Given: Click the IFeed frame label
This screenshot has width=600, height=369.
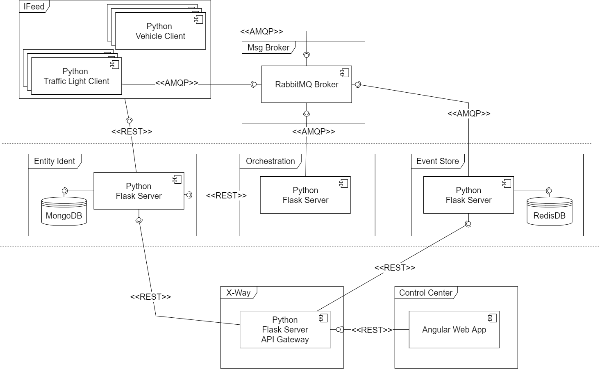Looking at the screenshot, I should [x=34, y=7].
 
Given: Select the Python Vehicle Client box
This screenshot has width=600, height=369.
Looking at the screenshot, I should [x=160, y=31].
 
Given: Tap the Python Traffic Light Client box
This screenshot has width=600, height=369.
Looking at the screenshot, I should [x=76, y=76].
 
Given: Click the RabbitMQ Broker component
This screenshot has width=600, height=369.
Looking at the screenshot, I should [x=306, y=84].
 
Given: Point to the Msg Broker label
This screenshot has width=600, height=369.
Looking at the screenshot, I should [x=268, y=48].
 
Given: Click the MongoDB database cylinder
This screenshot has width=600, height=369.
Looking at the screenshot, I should [x=64, y=212].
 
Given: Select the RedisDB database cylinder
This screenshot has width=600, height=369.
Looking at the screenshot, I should [x=549, y=212].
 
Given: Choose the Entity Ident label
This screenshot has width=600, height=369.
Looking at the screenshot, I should [x=55, y=161].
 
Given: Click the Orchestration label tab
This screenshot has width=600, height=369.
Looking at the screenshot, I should [x=270, y=161].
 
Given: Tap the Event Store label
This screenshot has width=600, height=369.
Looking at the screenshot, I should [x=437, y=161].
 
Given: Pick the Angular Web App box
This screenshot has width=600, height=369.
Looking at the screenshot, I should [x=454, y=330].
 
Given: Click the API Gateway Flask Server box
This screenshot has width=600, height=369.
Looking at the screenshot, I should [x=285, y=330].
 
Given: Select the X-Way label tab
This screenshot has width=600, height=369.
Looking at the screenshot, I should [x=238, y=293].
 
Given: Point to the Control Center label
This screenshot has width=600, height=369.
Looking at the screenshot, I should [x=425, y=293].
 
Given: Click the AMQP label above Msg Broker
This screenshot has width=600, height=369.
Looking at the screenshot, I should [x=261, y=32].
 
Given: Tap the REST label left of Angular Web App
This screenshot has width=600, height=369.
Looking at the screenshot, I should [x=372, y=330].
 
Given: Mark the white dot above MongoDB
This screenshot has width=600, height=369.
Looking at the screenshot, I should [x=64, y=191].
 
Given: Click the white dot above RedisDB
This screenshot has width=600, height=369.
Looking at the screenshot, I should [x=550, y=191].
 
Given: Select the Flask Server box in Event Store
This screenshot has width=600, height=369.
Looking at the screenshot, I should [x=468, y=195].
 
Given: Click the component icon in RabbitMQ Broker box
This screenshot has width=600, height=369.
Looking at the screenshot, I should [x=345, y=73].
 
